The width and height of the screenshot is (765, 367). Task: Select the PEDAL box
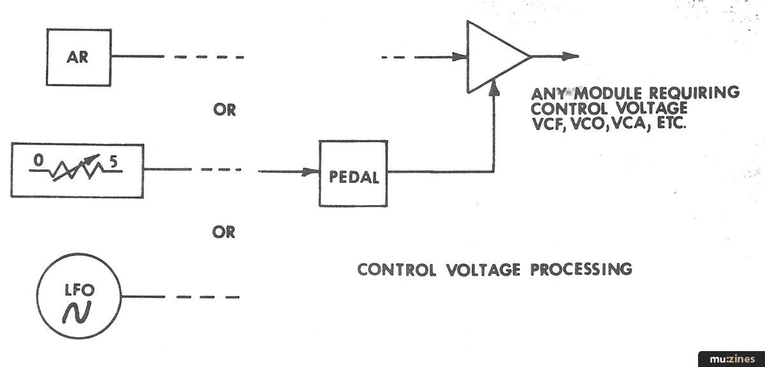tap(353, 177)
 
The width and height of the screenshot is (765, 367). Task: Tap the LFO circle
tap(80, 300)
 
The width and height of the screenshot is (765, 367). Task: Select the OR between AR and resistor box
tap(224, 110)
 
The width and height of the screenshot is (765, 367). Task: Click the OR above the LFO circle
tap(224, 233)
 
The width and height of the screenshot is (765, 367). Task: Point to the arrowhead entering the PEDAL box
tap(312, 171)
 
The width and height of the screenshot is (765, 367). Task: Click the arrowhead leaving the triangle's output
tap(571, 57)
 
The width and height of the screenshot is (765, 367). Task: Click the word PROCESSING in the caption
tap(581, 269)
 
